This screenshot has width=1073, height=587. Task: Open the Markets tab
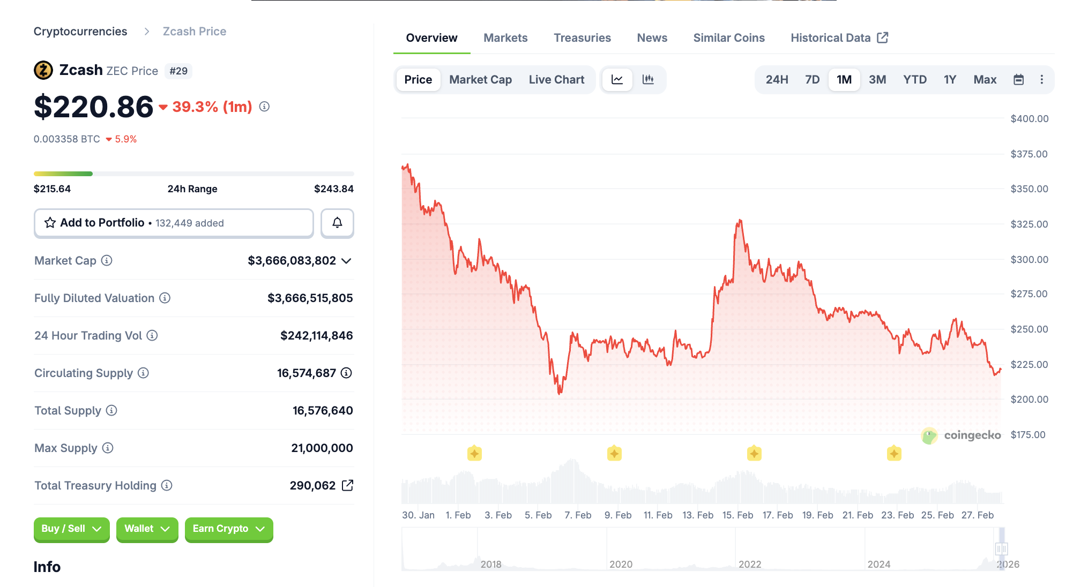505,38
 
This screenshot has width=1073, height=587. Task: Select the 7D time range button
812,80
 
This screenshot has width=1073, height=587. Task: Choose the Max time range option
985,80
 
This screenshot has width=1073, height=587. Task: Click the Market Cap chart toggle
480,80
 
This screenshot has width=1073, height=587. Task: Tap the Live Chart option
556,80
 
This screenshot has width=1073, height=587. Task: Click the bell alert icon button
337,223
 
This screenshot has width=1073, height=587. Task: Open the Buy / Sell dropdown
71,529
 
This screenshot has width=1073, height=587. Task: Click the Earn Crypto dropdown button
229,529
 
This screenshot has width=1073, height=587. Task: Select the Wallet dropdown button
147,529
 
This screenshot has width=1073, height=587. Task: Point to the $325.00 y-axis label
1029,224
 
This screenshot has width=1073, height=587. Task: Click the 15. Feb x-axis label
737,515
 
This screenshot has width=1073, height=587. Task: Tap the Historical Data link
839,38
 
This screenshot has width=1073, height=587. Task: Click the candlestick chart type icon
648,80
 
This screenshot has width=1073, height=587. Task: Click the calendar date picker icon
1018,80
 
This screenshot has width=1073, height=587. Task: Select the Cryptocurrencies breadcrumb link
80,32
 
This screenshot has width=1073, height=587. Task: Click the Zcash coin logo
43,70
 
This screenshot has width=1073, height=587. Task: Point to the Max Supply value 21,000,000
322,448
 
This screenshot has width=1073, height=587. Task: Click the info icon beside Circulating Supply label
143,373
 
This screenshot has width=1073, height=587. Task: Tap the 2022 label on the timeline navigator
750,565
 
